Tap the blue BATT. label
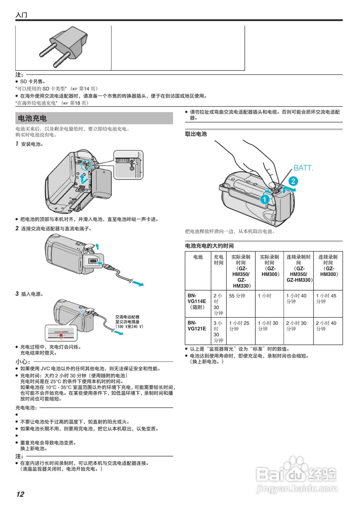[x=303, y=168]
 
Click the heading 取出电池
[x=196, y=134]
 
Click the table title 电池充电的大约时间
[x=209, y=246]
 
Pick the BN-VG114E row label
[x=197, y=301]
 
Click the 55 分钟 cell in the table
[x=237, y=296]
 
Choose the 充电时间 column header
[x=218, y=260]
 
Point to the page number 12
[x=20, y=494]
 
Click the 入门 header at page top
[x=21, y=15]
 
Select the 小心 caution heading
[x=23, y=361]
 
